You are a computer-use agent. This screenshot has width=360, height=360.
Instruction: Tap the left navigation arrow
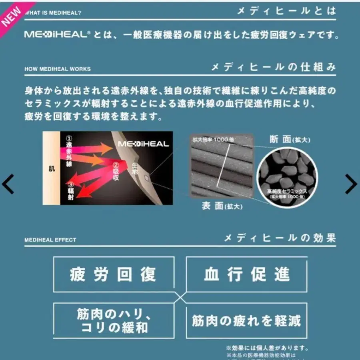[x=8, y=184]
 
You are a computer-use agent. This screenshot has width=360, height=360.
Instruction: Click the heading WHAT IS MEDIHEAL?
[x=53, y=13]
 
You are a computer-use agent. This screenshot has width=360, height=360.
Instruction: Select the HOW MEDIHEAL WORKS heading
[x=58, y=69]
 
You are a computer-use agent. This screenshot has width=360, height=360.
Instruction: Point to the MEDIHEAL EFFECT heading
[x=50, y=240]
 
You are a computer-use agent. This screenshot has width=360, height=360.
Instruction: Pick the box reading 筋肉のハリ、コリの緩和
[x=114, y=321]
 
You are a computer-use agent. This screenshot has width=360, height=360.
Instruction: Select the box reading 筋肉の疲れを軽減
[x=247, y=321]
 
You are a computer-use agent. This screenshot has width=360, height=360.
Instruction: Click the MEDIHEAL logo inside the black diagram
[x=143, y=144]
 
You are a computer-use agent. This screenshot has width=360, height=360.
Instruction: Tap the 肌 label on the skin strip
[x=52, y=169]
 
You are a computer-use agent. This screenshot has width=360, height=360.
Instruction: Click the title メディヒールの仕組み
[x=274, y=67]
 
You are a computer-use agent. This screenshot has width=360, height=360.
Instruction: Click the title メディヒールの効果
[x=280, y=238]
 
